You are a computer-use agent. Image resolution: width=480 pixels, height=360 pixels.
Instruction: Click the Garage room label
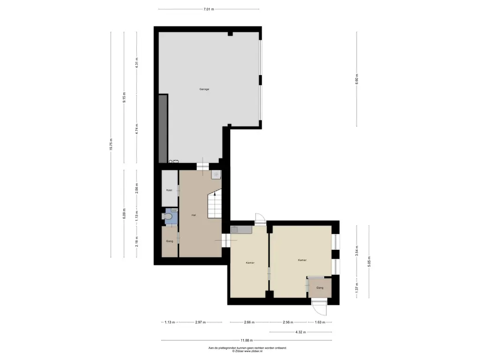pos(204,89)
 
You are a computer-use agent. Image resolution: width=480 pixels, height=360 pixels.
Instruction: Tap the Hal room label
pos(194,215)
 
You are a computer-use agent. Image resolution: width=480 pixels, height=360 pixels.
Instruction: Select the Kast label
pos(169,190)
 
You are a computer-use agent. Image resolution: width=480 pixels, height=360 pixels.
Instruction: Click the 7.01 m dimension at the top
pos(209,9)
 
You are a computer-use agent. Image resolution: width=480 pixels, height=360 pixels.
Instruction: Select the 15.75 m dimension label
pos(111,144)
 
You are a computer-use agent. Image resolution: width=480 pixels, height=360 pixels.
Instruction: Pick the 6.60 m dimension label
pos(357,79)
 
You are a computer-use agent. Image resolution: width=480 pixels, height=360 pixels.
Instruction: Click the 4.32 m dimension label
pos(300,332)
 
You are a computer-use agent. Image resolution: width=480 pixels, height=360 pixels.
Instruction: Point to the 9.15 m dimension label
pos(124,97)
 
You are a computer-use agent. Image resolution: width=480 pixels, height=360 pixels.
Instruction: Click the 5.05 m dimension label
pos(369,262)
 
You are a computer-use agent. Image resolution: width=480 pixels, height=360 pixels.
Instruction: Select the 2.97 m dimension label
pos(201,322)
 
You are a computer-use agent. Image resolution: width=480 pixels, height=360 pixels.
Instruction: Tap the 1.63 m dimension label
pos(320,322)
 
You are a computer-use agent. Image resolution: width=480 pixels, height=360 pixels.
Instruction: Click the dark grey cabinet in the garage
pos(163,128)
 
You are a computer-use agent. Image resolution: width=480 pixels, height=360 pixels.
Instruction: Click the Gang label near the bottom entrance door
pos(320,288)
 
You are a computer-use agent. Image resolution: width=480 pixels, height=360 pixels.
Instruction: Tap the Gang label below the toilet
pos(170,241)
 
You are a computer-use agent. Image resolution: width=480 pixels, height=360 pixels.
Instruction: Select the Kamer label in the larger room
pos(302,260)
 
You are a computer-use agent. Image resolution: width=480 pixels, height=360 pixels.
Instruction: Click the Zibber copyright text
pos(247,351)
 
